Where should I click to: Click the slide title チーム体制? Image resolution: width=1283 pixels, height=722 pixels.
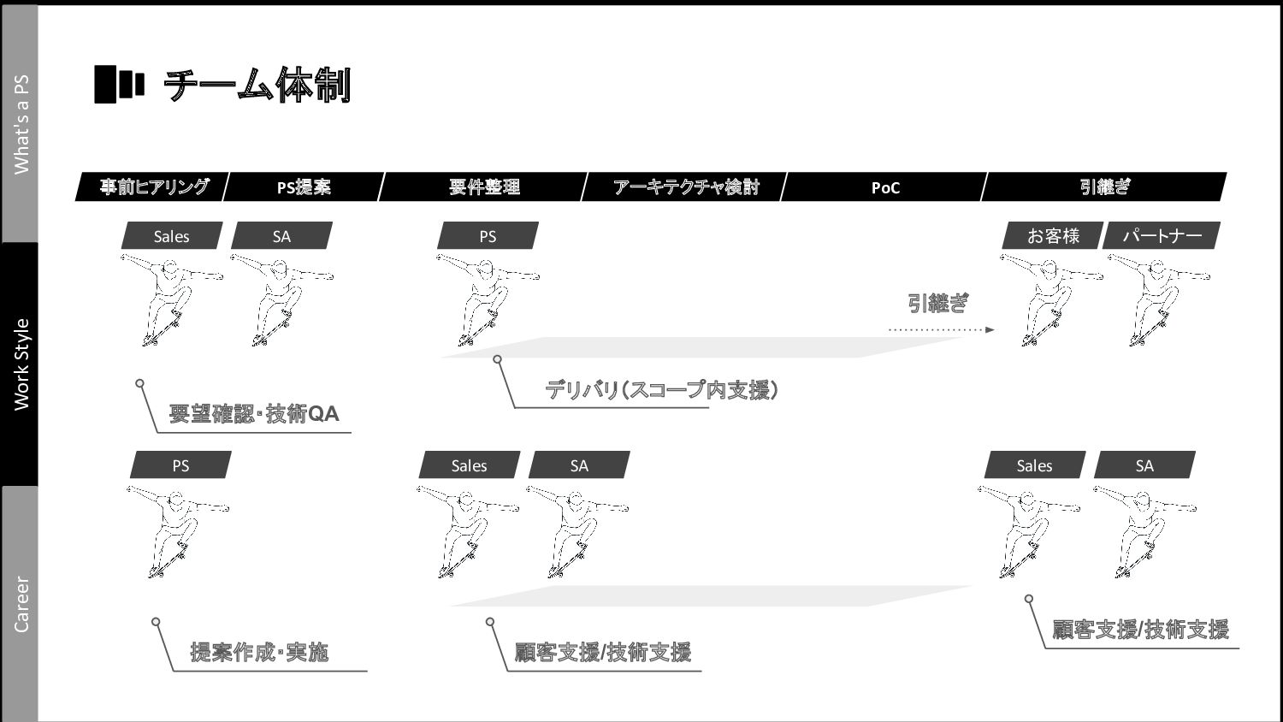[257, 86]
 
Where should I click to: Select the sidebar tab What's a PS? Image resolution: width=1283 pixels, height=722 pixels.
[21, 124]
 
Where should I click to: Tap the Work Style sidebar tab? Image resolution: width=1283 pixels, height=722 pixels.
[21, 364]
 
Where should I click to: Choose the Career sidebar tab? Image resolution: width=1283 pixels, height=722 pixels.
[21, 604]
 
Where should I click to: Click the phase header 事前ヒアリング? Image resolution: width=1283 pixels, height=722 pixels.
[153, 186]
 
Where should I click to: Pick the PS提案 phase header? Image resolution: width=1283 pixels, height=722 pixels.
[304, 186]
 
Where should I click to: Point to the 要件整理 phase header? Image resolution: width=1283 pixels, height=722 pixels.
[484, 186]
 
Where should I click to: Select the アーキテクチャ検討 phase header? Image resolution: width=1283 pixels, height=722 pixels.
[685, 186]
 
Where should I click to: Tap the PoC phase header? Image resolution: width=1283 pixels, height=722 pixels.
[885, 186]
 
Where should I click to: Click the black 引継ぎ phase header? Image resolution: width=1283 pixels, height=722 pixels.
[1104, 186]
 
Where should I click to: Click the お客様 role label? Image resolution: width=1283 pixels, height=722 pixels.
[1053, 235]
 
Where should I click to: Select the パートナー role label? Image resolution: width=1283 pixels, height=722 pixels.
[1162, 235]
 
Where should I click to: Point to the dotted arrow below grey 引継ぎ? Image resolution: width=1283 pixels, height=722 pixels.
[941, 329]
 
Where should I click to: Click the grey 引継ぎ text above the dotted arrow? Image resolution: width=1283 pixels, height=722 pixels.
[937, 303]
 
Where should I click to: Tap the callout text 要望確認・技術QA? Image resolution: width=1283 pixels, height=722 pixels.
[254, 414]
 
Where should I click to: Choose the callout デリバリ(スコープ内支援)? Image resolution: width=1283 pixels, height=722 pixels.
[662, 390]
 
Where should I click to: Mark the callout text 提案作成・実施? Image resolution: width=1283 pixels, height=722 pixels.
[259, 653]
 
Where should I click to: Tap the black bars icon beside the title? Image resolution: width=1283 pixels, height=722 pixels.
[118, 84]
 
